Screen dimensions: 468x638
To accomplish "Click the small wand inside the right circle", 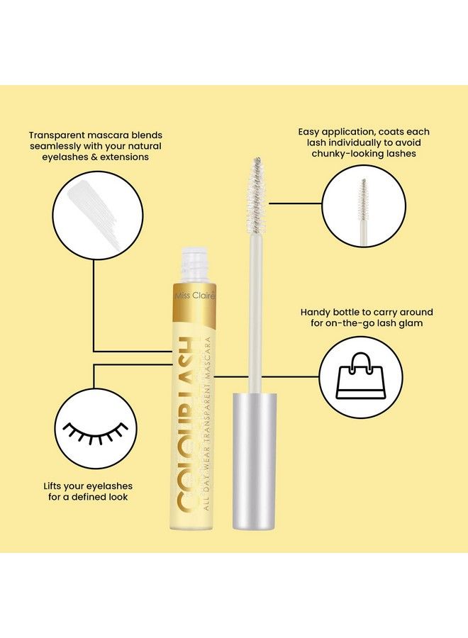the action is point(363,211).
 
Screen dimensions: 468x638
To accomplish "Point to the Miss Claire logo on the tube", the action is point(194,296).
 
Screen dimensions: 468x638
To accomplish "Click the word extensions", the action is point(125,157).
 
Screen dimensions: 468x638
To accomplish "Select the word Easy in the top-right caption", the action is point(308,133).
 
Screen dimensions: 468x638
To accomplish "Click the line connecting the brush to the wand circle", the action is point(295,203).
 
